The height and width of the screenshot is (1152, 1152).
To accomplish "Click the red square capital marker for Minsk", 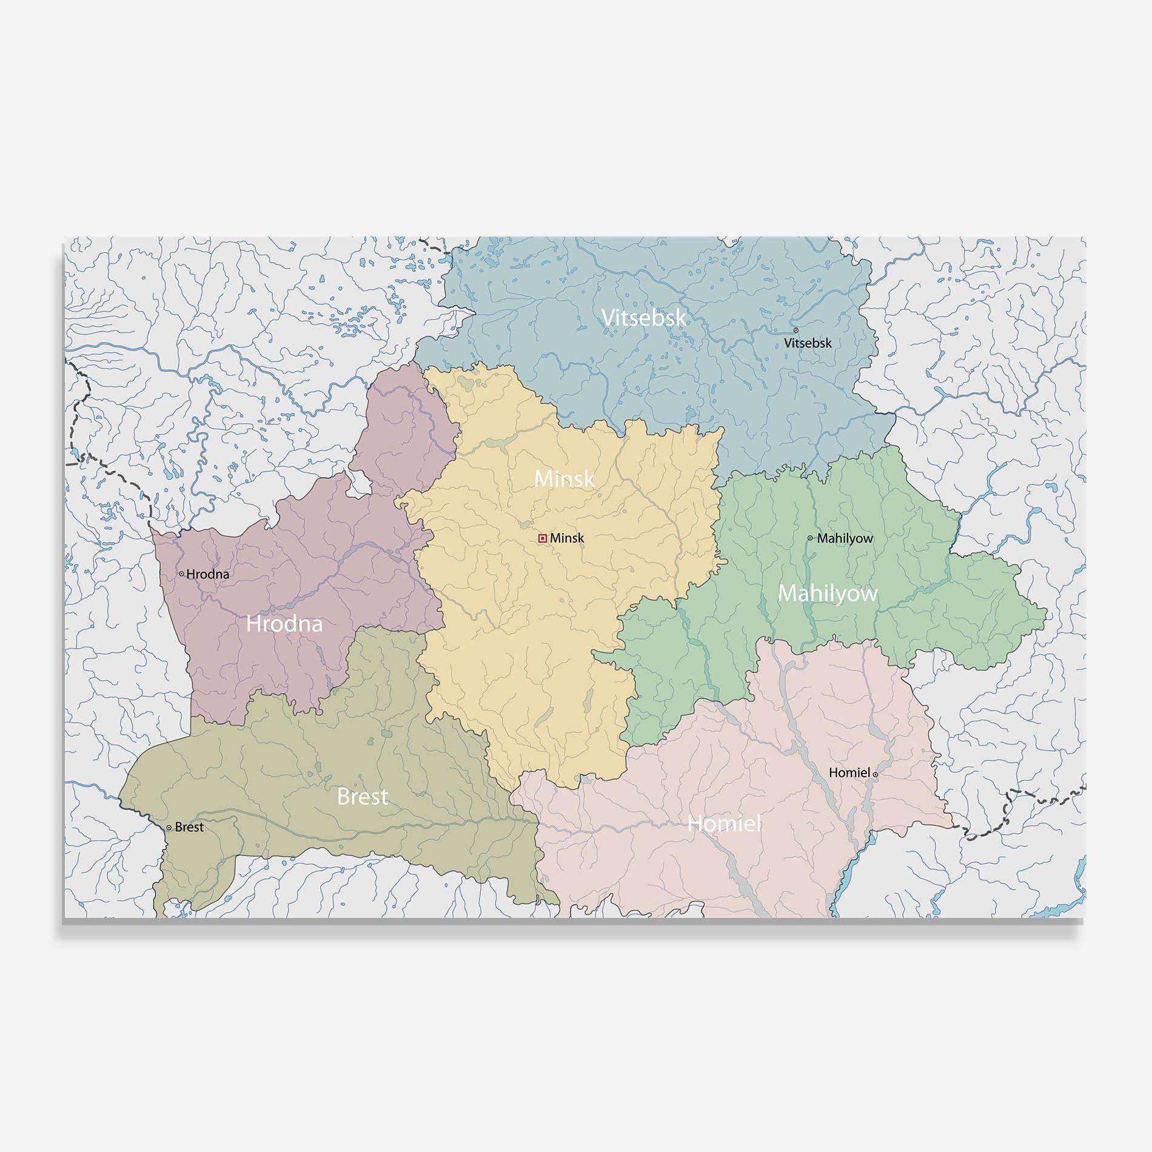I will [543, 538].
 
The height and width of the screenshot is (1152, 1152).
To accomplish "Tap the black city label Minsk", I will [568, 538].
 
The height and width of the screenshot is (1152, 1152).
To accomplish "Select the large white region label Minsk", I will [564, 479].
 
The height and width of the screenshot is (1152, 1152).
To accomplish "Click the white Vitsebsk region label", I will [644, 318].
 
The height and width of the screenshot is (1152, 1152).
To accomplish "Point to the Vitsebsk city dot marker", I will [795, 330].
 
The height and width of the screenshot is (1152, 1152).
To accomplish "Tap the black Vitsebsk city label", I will [808, 343].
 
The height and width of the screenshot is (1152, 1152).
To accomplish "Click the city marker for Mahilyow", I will [810, 538].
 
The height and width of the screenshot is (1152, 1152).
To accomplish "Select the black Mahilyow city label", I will [845, 538].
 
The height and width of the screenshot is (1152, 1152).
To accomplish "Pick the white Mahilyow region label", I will [828, 594].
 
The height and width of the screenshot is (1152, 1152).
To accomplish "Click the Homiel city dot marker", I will [875, 774].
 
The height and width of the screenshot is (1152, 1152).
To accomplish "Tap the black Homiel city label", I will [849, 773].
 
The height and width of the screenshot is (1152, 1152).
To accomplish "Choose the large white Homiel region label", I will [724, 823].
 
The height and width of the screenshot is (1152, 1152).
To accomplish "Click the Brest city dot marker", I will [169, 827].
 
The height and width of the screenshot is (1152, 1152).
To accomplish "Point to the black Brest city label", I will [189, 828].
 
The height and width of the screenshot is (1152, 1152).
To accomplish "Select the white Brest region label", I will [362, 797].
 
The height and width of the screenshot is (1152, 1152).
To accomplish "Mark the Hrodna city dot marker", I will [181, 574].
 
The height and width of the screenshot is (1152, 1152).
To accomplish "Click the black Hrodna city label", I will [208, 574].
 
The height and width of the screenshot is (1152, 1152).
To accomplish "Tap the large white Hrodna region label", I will [284, 624].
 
